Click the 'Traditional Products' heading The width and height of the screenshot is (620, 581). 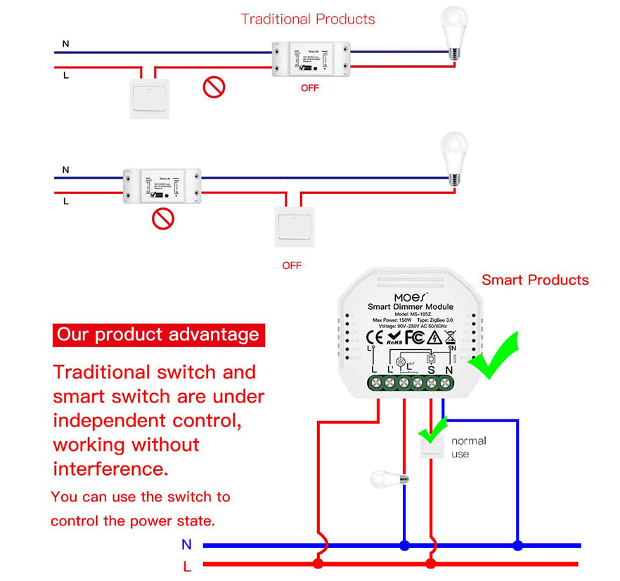pos(308,19)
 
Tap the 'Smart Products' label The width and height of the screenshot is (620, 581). pos(535,280)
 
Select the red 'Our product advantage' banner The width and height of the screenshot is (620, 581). pos(158,334)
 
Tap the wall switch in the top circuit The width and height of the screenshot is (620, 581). pos(150,98)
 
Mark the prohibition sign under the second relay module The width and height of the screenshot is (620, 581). pos(163,218)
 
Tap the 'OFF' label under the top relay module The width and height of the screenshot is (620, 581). pos(309,88)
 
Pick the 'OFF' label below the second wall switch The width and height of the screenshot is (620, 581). pos(292,266)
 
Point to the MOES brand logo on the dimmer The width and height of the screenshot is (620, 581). pos(410,296)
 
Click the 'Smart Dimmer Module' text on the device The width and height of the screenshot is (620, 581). pos(411,307)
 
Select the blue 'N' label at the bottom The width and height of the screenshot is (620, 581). pos(186,544)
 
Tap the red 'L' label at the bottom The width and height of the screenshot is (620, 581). pos(187,566)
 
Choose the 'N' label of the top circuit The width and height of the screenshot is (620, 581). pos(66,44)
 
